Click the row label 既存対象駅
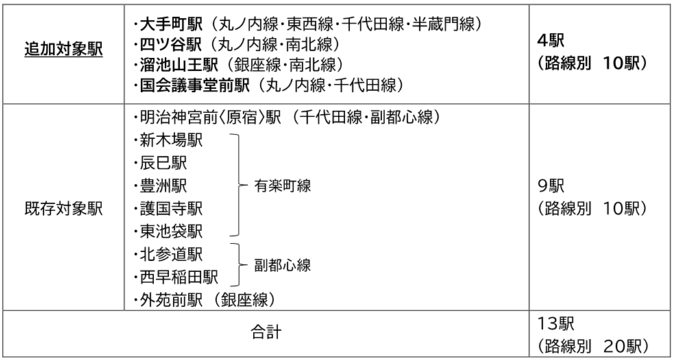[x=63, y=208]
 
